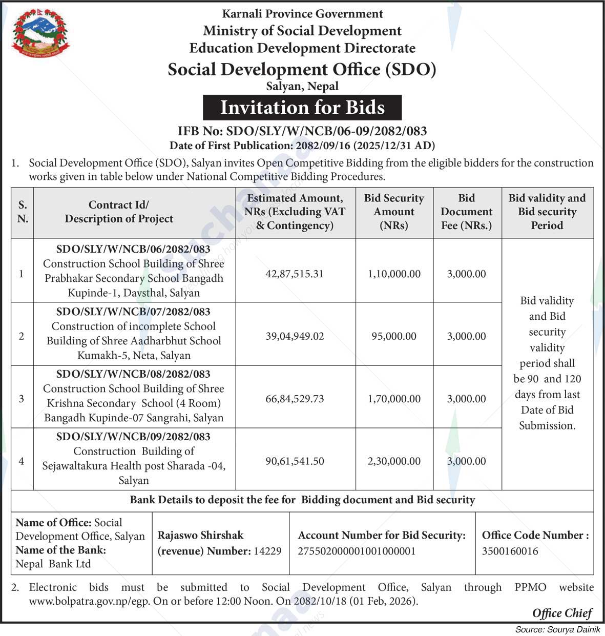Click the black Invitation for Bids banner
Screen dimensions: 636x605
(x=302, y=108)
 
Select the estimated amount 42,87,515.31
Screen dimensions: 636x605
(x=295, y=274)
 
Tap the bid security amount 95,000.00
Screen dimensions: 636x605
(x=394, y=336)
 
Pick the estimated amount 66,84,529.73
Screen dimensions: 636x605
(x=295, y=399)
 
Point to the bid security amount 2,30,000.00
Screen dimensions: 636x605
(x=394, y=461)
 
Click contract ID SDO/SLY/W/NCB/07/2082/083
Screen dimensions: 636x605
(x=133, y=312)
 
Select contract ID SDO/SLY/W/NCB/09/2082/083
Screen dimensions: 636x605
(x=133, y=437)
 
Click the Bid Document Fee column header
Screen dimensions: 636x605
(x=466, y=212)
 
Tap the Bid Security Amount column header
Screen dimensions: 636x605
(x=394, y=212)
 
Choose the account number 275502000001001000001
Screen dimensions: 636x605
(x=357, y=551)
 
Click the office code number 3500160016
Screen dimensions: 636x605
(x=510, y=551)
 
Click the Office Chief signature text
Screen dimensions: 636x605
(x=562, y=613)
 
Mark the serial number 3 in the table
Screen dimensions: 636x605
(x=22, y=399)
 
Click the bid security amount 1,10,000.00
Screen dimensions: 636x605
(x=394, y=274)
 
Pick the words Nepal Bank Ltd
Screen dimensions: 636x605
(x=53, y=564)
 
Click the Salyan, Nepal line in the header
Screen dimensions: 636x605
(x=302, y=86)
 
